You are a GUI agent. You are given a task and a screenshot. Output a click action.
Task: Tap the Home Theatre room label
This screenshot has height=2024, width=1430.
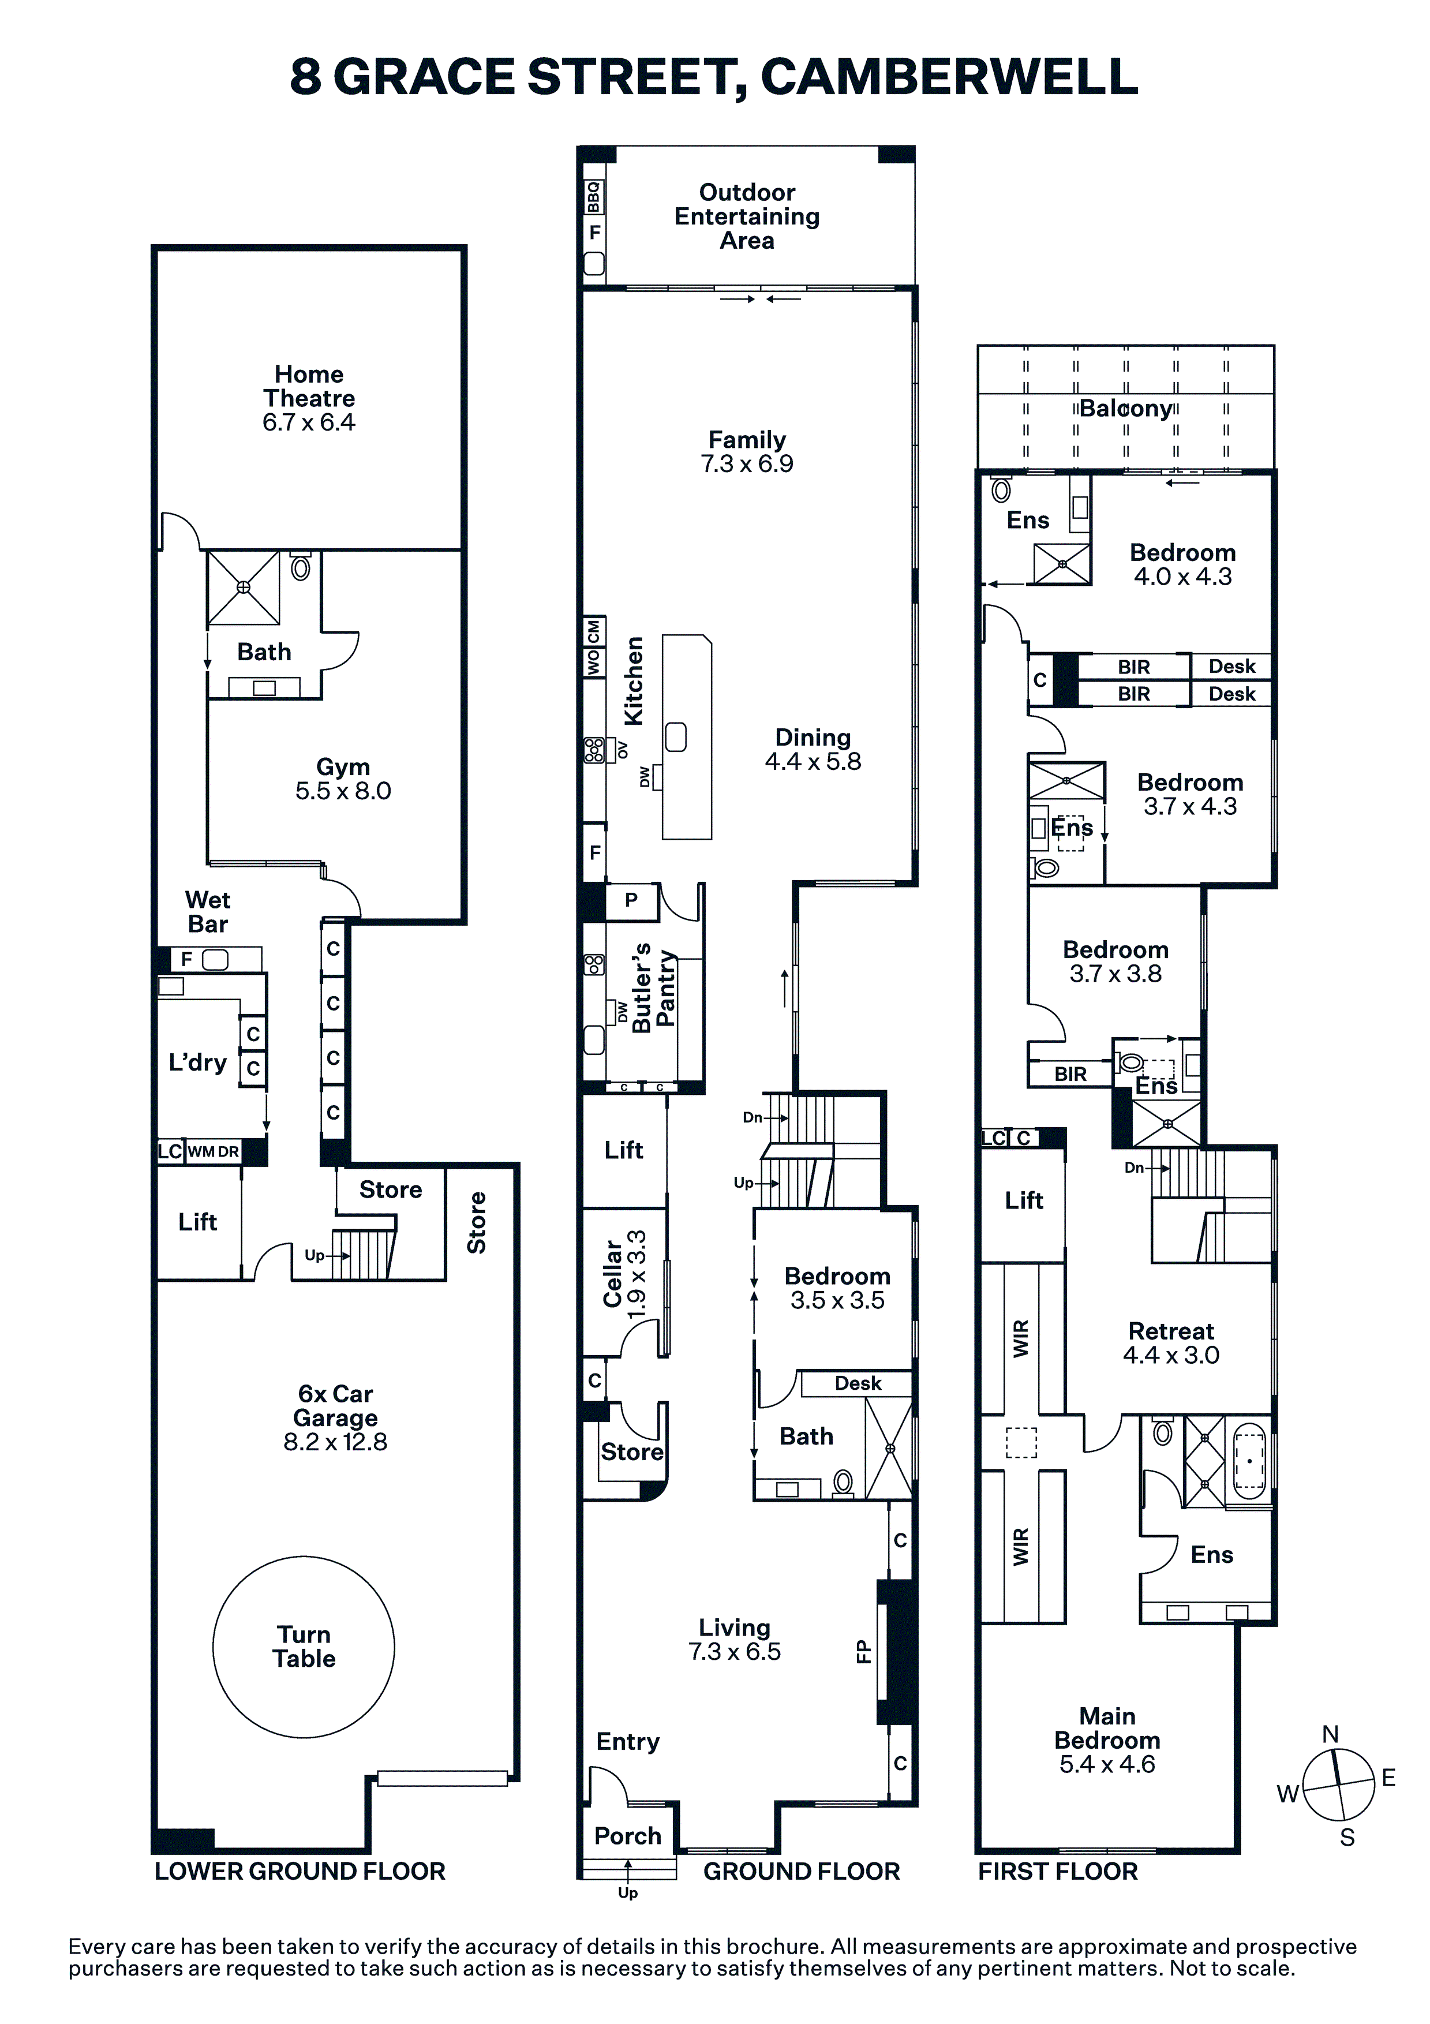[x=309, y=386]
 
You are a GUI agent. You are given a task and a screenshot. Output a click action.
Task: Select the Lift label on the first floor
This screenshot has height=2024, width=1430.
[x=1024, y=1200]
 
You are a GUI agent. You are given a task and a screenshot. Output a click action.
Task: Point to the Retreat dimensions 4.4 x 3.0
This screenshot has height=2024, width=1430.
[x=1171, y=1355]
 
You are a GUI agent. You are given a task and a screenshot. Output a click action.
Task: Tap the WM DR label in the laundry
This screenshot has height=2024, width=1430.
[x=214, y=1151]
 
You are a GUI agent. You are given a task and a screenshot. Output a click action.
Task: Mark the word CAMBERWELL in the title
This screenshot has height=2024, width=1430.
[x=949, y=77]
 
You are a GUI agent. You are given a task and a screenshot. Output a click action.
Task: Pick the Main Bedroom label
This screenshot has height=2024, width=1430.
[x=1107, y=1728]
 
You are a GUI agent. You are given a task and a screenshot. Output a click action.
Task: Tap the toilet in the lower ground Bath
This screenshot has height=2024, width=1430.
[x=301, y=568]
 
